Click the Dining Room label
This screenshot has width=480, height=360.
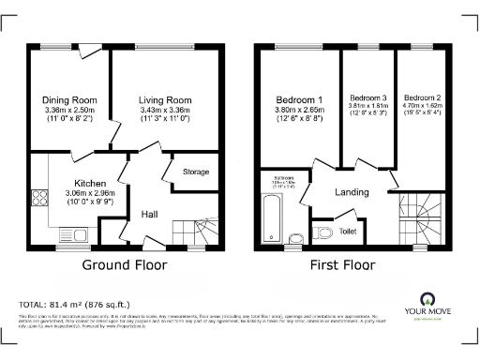click(70, 99)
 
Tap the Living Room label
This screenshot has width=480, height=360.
click(165, 99)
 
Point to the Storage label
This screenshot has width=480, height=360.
click(196, 172)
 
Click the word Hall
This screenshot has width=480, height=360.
click(148, 215)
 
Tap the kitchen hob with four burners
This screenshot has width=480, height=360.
click(41, 198)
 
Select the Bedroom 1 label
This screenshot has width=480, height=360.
click(300, 99)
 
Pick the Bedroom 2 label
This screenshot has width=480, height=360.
click(422, 97)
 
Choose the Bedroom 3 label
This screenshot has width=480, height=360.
click(367, 97)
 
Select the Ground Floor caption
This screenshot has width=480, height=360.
click(125, 265)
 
